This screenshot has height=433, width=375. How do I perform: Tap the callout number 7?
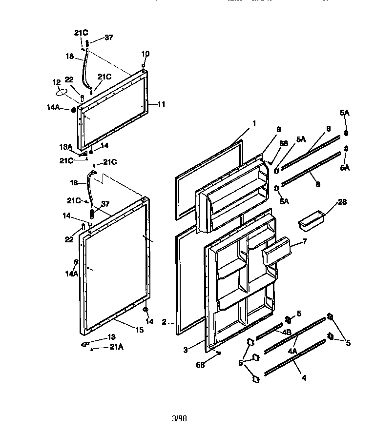click(x=304, y=241)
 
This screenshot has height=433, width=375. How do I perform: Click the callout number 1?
click(x=254, y=123)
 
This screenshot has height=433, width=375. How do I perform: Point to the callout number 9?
click(x=278, y=130)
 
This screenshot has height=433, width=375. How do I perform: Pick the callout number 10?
click(x=146, y=54)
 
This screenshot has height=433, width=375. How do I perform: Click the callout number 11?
click(x=162, y=104)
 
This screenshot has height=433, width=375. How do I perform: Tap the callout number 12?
click(x=56, y=81)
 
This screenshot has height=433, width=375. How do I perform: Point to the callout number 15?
click(x=139, y=330)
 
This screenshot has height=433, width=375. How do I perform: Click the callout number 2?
click(x=165, y=322)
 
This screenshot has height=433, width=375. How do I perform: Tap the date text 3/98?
click(x=180, y=418)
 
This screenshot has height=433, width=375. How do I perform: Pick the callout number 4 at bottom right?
click(x=304, y=377)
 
